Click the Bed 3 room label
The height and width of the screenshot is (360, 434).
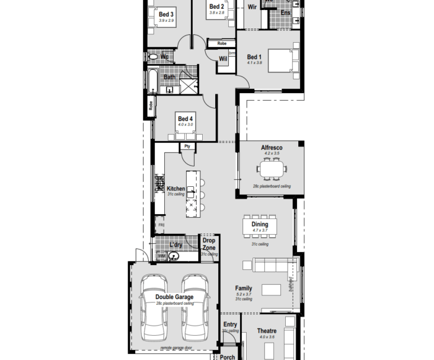pyautogui.click(x=166, y=14)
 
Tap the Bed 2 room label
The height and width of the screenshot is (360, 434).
pyautogui.click(x=216, y=6)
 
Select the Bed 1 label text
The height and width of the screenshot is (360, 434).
pyautogui.click(x=255, y=57)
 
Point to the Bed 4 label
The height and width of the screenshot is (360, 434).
pyautogui.click(x=185, y=119)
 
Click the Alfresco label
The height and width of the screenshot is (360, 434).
pyautogui.click(x=272, y=148)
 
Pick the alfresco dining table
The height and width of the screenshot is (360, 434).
pyautogui.click(x=272, y=168)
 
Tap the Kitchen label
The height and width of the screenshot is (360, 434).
pyautogui.click(x=175, y=189)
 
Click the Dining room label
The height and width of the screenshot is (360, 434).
pyautogui.click(x=260, y=225)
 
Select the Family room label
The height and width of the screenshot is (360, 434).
pyautogui.click(x=244, y=288)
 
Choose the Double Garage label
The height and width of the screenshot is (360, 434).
pyautogui.click(x=174, y=297)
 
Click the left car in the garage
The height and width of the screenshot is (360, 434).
pyautogui.click(x=153, y=307)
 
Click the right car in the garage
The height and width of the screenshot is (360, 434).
pyautogui.click(x=195, y=307)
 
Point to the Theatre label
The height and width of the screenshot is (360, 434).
pyautogui.click(x=267, y=331)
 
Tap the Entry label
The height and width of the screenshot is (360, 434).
pyautogui.click(x=230, y=325)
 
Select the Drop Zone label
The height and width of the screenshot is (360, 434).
pyautogui.click(x=209, y=244)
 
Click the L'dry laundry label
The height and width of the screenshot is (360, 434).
pyautogui.click(x=176, y=245)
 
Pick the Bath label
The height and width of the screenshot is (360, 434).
pyautogui.click(x=169, y=77)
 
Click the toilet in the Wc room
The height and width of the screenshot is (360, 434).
pyautogui.click(x=153, y=56)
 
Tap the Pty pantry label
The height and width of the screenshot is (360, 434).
pyautogui.click(x=187, y=146)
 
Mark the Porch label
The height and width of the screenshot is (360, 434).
pyautogui.click(x=228, y=357)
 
